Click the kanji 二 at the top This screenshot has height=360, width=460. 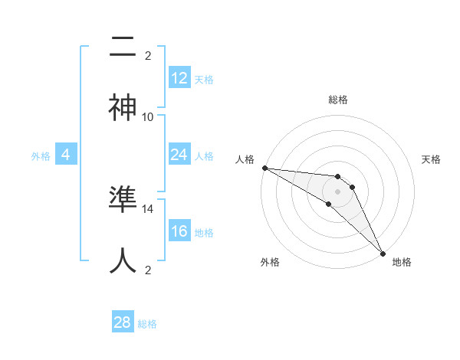tap(123, 47)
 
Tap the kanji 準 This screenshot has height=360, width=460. tap(123, 200)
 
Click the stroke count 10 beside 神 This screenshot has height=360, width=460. tap(148, 116)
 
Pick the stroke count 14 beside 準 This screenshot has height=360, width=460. tap(148, 208)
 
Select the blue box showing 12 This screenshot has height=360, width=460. tap(179, 78)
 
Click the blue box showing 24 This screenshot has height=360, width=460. tap(179, 155)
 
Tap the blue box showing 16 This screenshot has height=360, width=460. tap(179, 231)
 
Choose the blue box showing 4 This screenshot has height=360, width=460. tap(66, 155)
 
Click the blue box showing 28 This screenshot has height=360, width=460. tap(123, 322)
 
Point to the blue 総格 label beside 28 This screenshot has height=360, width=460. tap(147, 324)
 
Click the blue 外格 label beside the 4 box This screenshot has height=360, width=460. tap(41, 156)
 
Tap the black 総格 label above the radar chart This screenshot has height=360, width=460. tap(338, 100)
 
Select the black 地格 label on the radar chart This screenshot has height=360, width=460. tap(402, 262)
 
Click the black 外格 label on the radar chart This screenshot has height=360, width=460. tap(270, 262)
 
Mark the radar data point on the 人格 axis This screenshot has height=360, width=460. tap(264, 168)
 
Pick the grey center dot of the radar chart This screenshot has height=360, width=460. tap(338, 191)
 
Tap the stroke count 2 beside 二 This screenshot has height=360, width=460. tap(148, 55)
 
